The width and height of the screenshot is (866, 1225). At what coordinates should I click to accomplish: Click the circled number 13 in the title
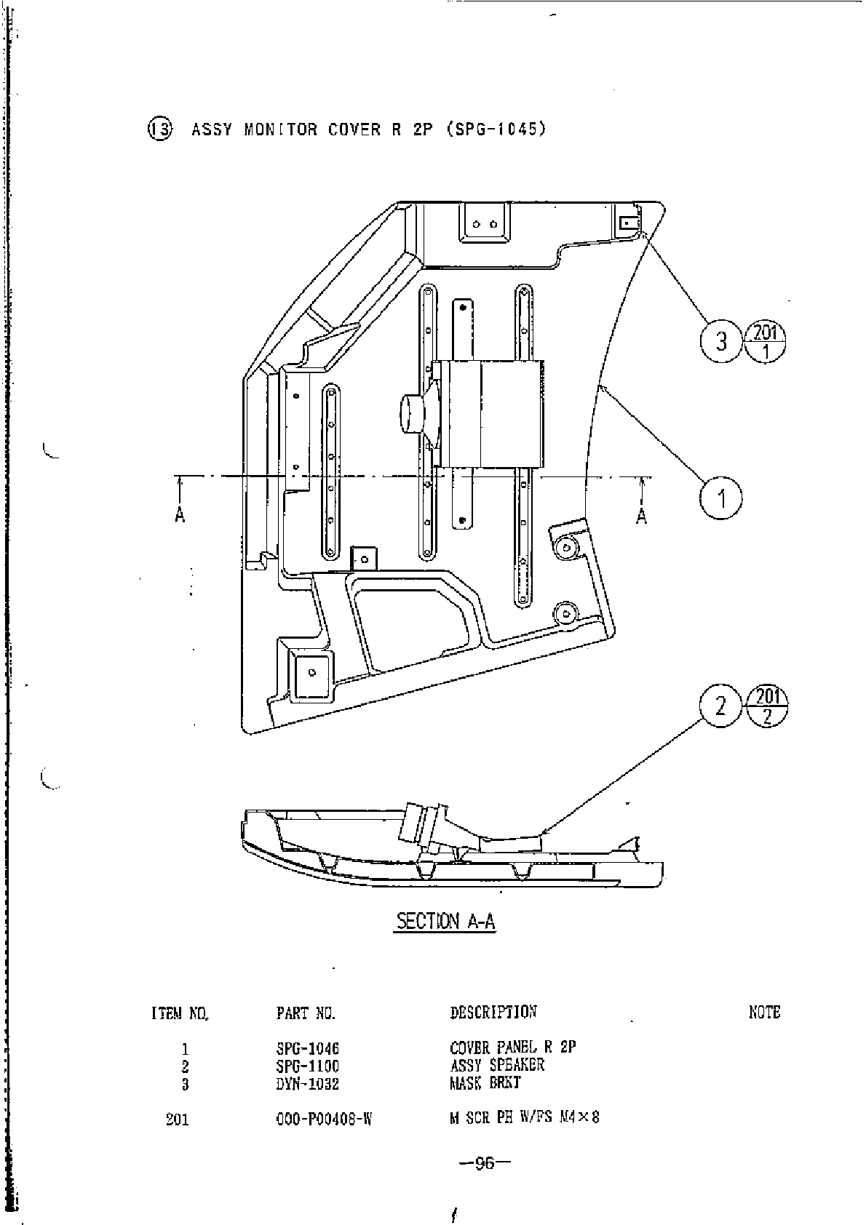click(160, 129)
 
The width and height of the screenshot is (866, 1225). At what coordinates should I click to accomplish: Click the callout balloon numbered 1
click(721, 498)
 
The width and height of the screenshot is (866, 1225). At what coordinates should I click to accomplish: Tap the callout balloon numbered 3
click(721, 340)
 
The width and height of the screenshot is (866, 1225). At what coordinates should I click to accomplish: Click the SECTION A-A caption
click(445, 922)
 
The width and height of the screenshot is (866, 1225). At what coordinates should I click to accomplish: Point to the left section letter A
click(180, 516)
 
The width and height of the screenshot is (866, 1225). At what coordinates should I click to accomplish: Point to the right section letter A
click(641, 516)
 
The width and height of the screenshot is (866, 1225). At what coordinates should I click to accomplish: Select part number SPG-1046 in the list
click(308, 1049)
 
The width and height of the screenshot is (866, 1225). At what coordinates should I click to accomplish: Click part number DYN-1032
click(308, 1084)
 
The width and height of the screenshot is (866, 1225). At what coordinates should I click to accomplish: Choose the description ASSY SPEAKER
click(497, 1066)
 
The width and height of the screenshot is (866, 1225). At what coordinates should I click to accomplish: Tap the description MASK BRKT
click(485, 1083)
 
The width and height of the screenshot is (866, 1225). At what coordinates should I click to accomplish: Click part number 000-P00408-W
click(325, 1119)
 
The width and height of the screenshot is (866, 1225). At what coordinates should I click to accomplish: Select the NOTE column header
click(764, 1012)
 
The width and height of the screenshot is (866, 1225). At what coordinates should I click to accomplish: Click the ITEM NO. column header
click(180, 1013)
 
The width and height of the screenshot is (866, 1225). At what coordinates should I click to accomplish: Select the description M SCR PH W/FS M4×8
click(524, 1118)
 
